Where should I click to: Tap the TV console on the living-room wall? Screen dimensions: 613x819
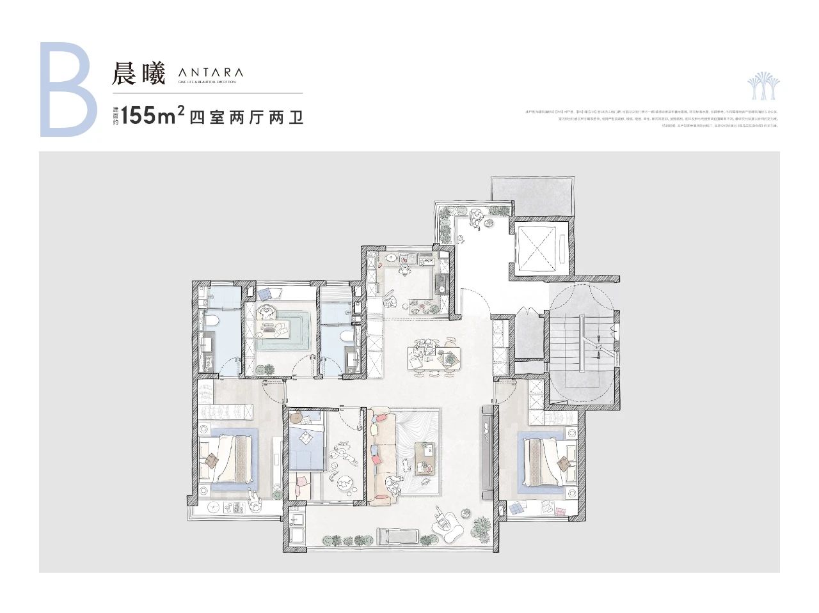(x=489, y=454)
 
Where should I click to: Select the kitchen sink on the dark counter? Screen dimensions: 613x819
(x=440, y=284)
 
